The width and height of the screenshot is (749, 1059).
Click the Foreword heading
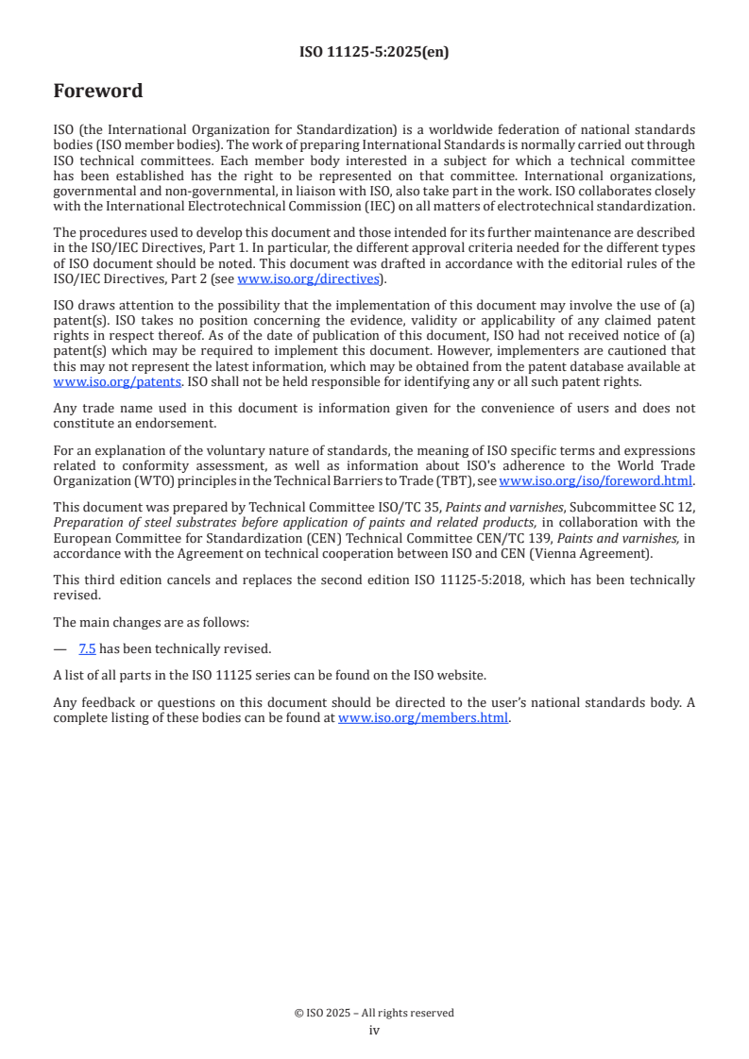(98, 92)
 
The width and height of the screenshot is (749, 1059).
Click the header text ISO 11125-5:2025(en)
(374, 53)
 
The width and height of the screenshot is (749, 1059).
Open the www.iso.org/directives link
(308, 278)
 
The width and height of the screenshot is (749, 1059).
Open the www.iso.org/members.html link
(423, 717)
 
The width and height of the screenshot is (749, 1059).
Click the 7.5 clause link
(87, 648)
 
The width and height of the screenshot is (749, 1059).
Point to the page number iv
(374, 1031)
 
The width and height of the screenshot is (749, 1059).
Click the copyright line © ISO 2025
(374, 1013)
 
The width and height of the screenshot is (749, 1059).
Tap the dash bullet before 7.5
(60, 648)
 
